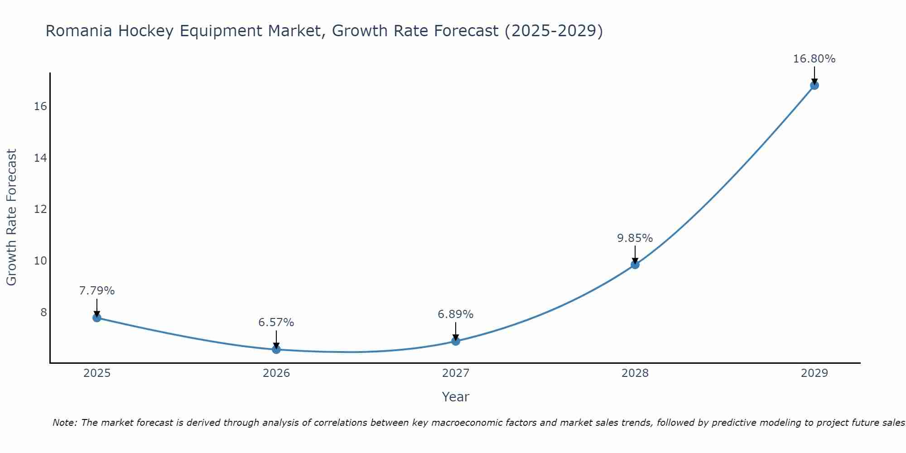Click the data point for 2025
[x=97, y=318]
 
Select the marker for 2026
[x=276, y=349]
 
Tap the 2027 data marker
[x=456, y=341]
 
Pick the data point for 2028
[x=635, y=265]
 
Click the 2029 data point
[x=814, y=85]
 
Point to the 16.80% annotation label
[x=814, y=59]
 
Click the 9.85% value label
[x=635, y=238]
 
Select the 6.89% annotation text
[x=455, y=314]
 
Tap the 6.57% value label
[x=276, y=323]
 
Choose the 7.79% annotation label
[x=97, y=291]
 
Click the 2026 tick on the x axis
[x=276, y=373]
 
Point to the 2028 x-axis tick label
[x=635, y=373]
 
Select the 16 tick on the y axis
[x=40, y=106]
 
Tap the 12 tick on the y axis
[x=40, y=209]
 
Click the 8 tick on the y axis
[x=43, y=312]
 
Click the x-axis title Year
[x=455, y=397]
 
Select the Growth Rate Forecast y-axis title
[x=11, y=217]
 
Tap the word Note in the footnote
[x=65, y=423]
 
